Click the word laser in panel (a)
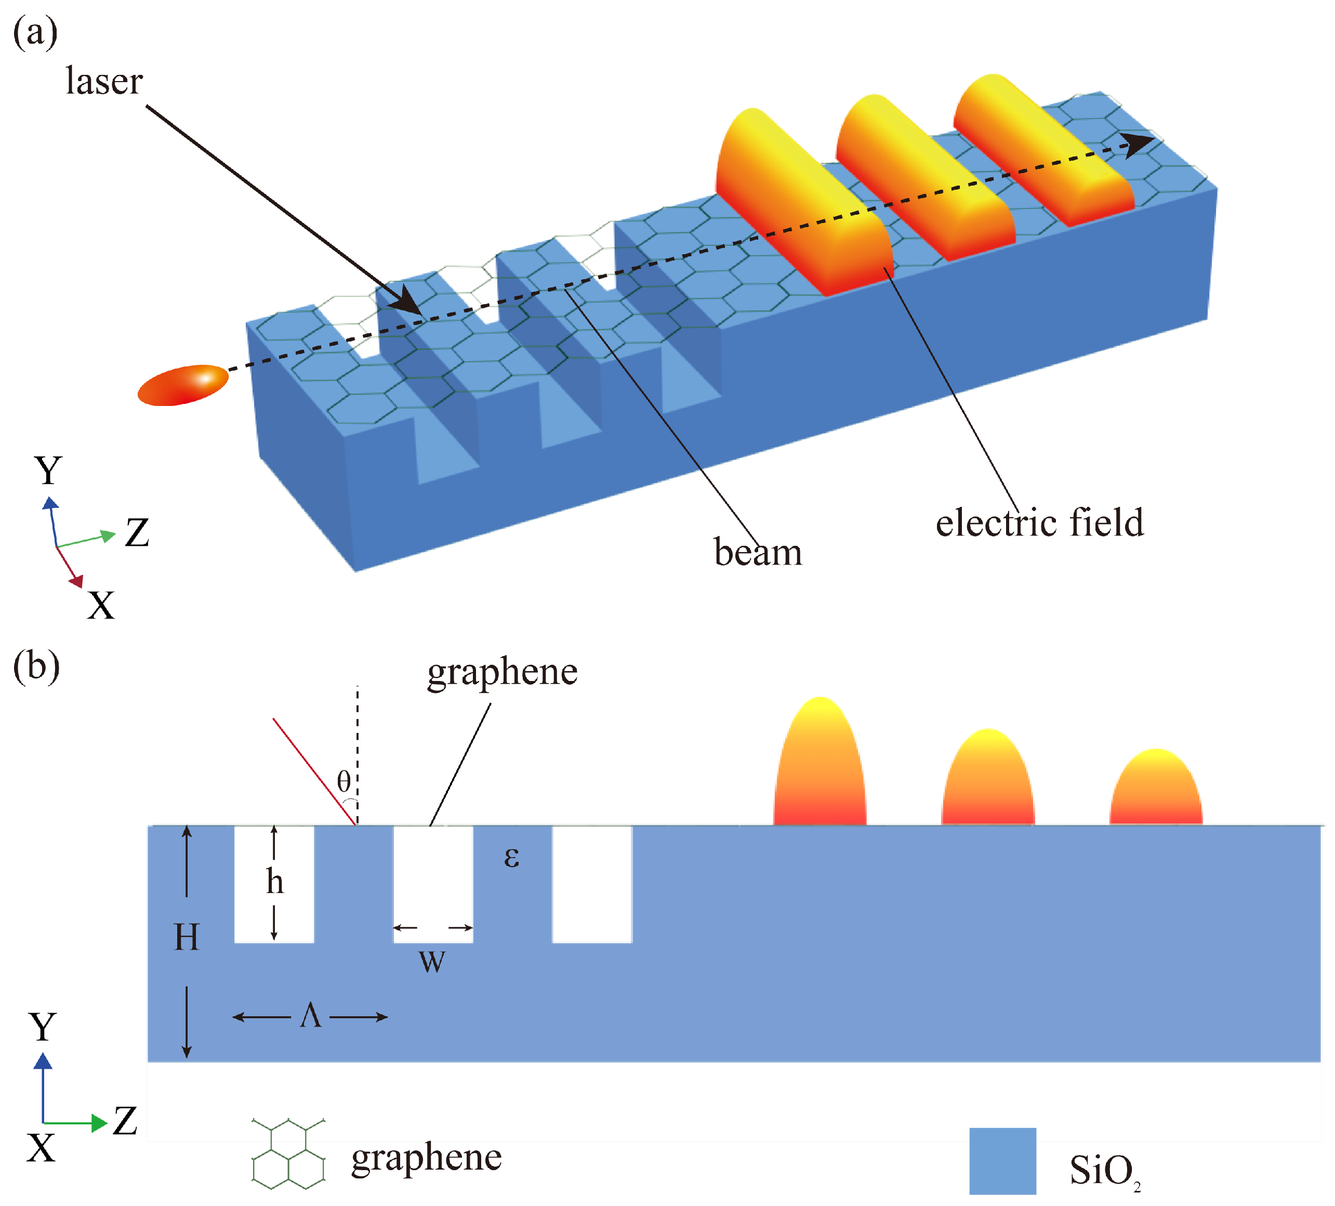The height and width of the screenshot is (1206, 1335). click(x=104, y=82)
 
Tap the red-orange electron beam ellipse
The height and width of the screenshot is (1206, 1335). click(x=183, y=385)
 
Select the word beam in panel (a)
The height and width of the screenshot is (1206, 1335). click(x=758, y=553)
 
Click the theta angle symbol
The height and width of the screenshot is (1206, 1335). click(x=343, y=781)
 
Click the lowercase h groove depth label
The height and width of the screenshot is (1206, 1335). click(x=275, y=882)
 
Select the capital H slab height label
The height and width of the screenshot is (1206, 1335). click(x=186, y=938)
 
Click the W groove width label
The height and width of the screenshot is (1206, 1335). click(x=432, y=962)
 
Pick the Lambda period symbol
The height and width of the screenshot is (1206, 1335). click(x=311, y=1015)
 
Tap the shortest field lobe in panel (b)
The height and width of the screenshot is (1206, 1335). click(x=1156, y=788)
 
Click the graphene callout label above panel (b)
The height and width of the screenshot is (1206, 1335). click(x=502, y=672)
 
